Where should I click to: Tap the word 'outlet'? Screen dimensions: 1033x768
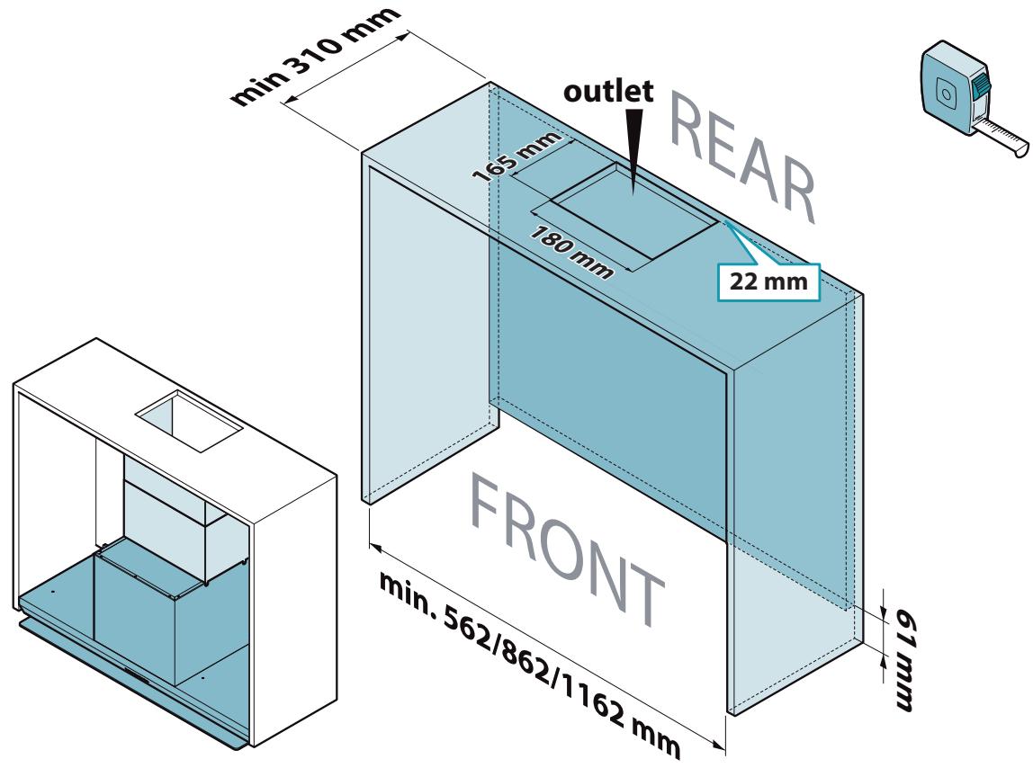tap(608, 92)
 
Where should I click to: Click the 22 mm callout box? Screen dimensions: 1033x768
tap(768, 281)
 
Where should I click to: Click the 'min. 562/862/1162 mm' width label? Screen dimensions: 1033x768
tap(529, 664)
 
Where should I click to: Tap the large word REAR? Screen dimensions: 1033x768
tap(741, 158)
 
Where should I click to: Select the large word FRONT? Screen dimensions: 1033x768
tap(568, 550)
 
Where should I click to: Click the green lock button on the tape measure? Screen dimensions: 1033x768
tap(982, 85)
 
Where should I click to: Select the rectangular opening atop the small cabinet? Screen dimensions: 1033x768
tap(189, 421)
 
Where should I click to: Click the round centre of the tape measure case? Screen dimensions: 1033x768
tap(946, 93)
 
